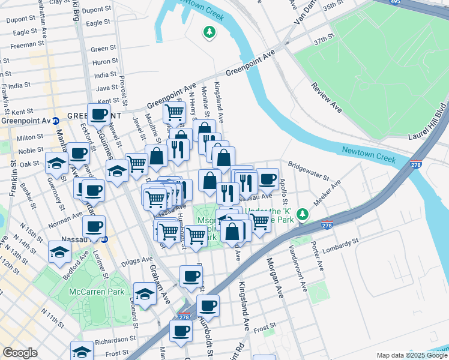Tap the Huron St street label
(104, 62)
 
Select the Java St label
(106, 88)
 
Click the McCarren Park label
(104, 292)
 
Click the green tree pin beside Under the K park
(304, 214)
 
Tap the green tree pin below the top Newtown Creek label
(209, 32)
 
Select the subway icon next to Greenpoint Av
(55, 120)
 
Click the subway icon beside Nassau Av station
(105, 239)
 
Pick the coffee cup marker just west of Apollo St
(268, 179)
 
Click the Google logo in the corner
(20, 353)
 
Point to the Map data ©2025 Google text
(411, 355)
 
